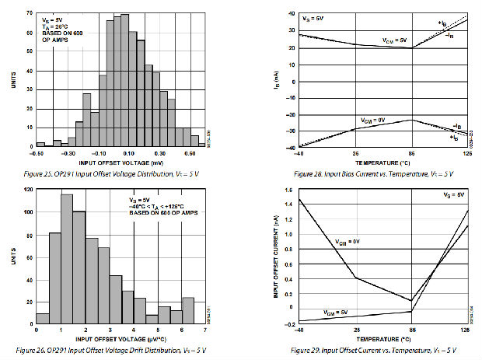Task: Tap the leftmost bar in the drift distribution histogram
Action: click(42, 319)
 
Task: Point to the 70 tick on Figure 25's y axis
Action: click(29, 13)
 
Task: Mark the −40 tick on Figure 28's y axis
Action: click(290, 147)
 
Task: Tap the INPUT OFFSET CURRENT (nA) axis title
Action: click(278, 257)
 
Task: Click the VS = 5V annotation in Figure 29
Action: click(454, 194)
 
